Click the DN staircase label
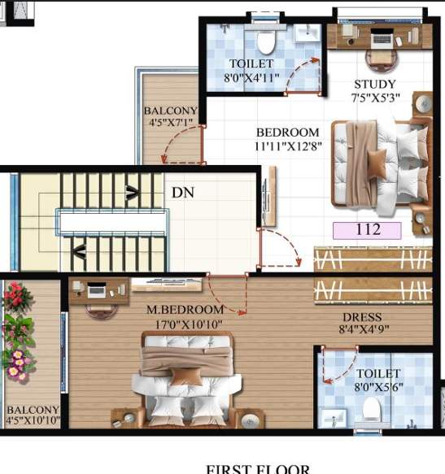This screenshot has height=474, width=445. point(181,193)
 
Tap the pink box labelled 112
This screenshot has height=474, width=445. point(368,229)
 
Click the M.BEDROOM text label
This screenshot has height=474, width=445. point(185,311)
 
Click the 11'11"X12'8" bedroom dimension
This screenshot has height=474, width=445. point(287,146)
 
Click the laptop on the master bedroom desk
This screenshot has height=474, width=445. point(96,289)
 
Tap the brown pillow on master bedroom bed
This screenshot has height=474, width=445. point(189,376)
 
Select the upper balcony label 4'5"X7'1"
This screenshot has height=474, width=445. point(170,118)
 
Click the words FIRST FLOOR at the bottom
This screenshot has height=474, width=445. point(257,468)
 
